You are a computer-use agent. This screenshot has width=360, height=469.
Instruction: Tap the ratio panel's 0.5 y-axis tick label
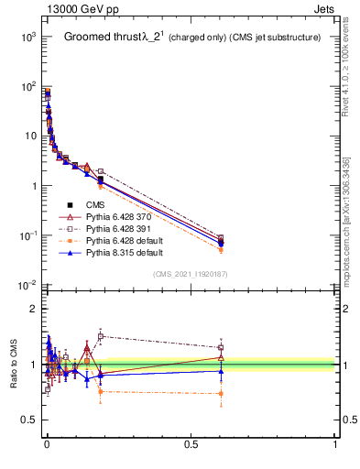click(29, 420)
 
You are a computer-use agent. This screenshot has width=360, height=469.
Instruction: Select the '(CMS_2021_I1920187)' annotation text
click(191, 273)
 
